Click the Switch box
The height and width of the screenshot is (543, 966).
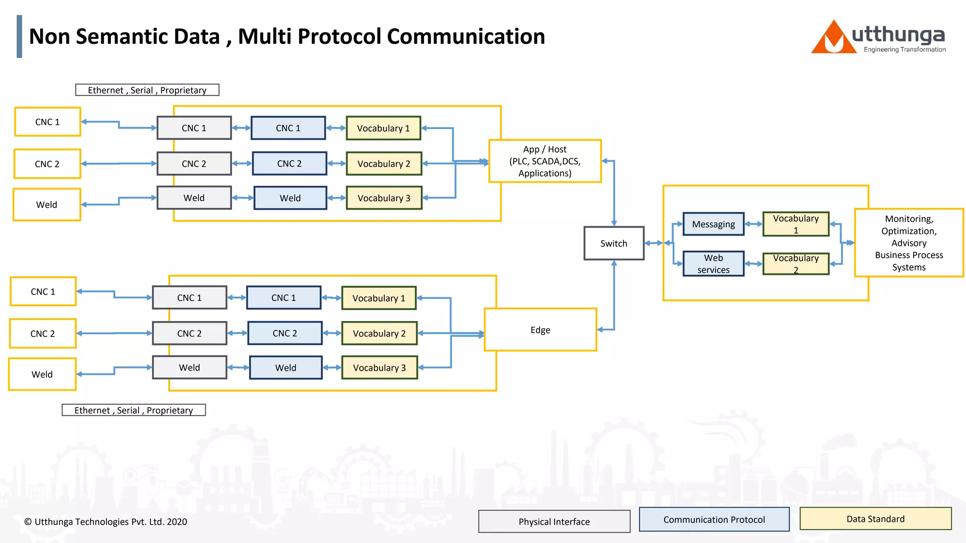614,243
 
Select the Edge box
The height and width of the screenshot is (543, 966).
540,330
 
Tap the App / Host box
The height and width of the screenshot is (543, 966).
545,161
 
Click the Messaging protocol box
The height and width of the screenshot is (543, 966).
713,224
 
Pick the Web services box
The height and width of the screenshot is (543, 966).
713,263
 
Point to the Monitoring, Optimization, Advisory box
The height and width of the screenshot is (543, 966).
908,243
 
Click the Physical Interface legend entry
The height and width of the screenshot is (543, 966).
554,521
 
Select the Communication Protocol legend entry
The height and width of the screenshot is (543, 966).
714,519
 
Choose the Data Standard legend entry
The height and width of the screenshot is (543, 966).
875,519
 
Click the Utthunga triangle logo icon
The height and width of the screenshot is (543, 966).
833,39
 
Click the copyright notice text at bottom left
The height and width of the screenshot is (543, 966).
106,522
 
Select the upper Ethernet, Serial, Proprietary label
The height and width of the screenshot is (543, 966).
147,90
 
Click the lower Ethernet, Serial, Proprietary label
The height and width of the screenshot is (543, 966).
133,410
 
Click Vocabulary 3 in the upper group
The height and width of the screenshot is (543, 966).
384,198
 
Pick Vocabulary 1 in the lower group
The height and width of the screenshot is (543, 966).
379,298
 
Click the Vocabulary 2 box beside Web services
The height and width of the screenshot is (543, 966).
796,263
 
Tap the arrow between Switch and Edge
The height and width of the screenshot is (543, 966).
614,297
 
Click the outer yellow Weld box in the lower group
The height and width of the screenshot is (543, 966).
42,374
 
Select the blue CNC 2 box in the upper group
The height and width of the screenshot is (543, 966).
289,164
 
